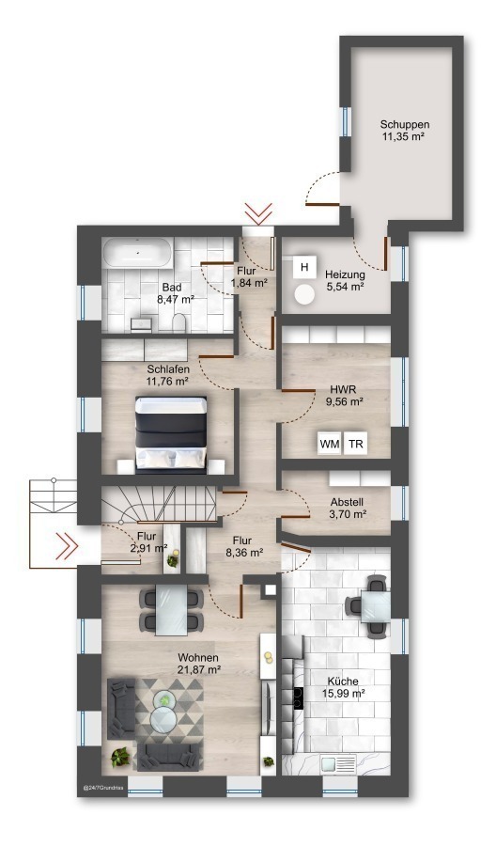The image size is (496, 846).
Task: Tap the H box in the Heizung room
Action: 304,267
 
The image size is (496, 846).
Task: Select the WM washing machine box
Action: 330,444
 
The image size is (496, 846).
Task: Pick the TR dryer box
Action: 355,444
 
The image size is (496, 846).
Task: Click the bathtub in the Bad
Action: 137,251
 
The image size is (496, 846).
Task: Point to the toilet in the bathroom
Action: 178,323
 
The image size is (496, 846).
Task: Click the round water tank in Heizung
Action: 305,294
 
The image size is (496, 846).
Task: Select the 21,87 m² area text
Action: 198,669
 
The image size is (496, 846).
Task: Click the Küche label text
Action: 342,681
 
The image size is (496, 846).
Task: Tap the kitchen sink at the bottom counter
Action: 334,763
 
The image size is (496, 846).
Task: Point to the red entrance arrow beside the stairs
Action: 68,546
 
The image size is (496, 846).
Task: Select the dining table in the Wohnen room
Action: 172,610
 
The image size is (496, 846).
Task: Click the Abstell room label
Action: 348,502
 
